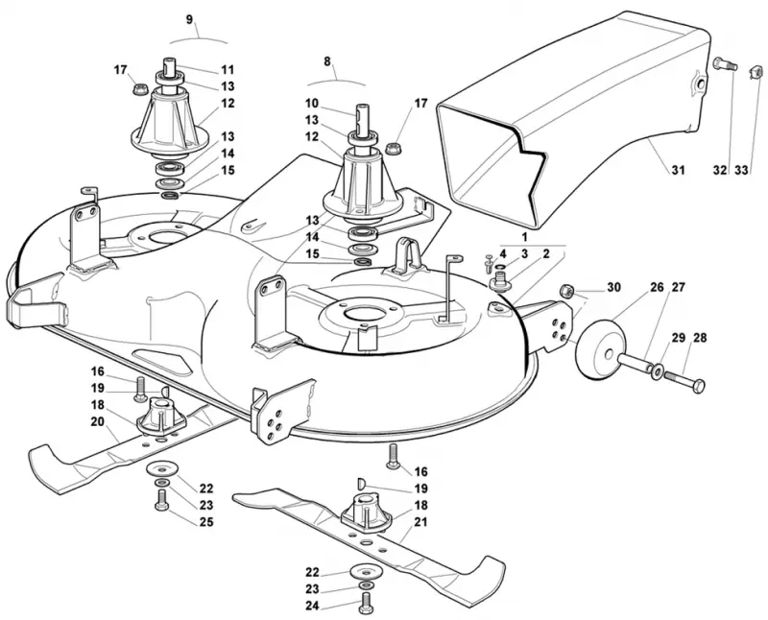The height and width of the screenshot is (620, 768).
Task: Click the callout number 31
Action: tap(678, 171)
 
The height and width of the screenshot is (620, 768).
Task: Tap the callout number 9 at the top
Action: tap(190, 19)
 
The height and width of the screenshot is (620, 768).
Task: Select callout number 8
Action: tap(327, 61)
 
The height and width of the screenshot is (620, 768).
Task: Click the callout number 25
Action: tap(206, 522)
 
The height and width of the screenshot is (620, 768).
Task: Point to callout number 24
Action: tap(312, 606)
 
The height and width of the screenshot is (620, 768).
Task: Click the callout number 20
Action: tap(98, 421)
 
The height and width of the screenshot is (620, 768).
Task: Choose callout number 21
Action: tap(420, 522)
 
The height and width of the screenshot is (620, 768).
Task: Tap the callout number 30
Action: tap(613, 287)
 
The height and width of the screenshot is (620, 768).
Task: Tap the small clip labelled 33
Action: tap(757, 74)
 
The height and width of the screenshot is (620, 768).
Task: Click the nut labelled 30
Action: tap(565, 290)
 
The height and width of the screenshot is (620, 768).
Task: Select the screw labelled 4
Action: tap(489, 263)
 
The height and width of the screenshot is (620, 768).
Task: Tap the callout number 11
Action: tap(228, 69)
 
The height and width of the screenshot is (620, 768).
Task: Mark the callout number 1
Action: tap(524, 237)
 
